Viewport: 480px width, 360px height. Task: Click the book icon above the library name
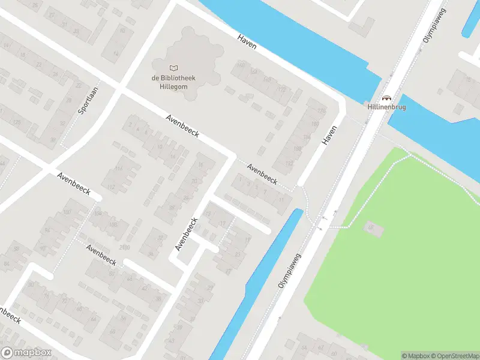click(174, 68)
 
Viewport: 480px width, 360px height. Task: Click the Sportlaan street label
click(88, 100)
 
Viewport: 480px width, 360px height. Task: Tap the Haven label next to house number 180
click(330, 134)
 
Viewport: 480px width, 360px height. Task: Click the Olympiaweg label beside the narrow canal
click(289, 271)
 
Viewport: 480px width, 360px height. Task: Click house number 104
click(97, 214)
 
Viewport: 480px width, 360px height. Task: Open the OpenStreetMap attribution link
click(455, 356)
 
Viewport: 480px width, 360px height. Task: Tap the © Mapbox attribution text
click(416, 356)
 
